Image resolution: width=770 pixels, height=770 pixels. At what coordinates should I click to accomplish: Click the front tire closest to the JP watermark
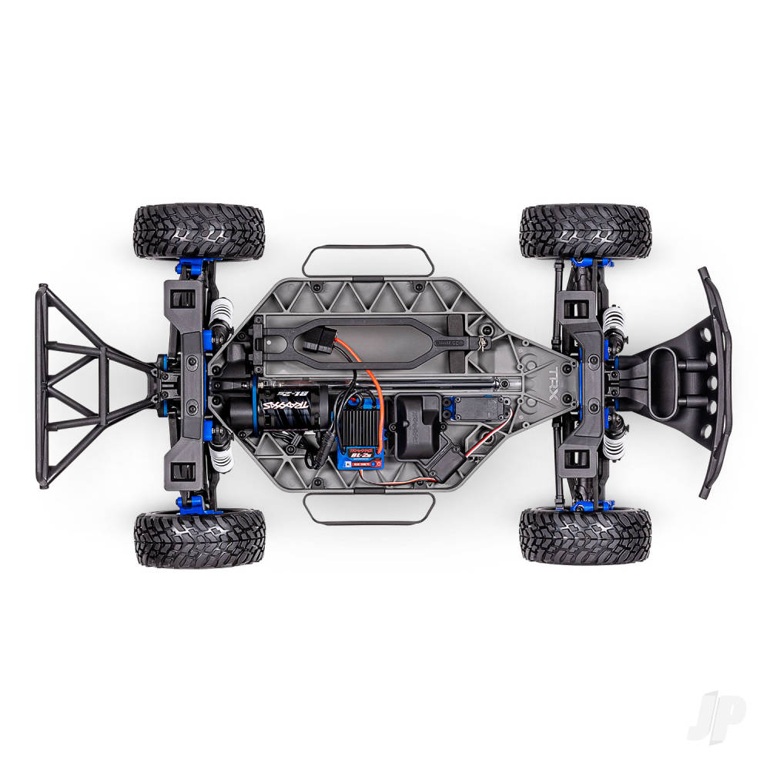(x=585, y=534)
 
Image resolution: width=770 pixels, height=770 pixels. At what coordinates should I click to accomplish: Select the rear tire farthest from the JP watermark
(x=199, y=231)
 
